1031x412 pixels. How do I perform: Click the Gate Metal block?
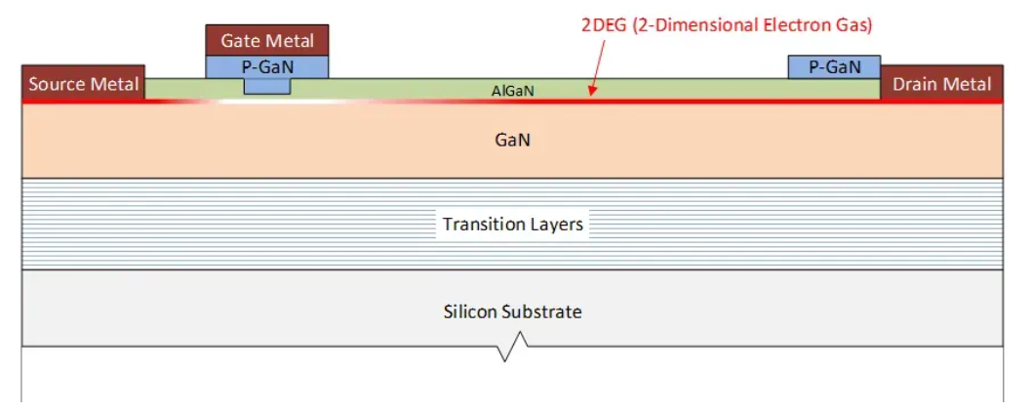[x=267, y=41]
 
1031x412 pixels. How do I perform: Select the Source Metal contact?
[x=84, y=83]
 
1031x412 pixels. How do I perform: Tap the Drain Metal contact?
[x=941, y=83]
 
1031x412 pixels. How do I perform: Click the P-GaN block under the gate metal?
[x=267, y=67]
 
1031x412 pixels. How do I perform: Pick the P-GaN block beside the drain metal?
[x=834, y=67]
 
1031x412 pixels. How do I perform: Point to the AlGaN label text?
[x=512, y=92]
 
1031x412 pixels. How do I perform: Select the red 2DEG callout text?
[x=728, y=26]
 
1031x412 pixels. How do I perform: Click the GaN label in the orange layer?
[x=512, y=141]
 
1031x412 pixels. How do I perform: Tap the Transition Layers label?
[x=512, y=224]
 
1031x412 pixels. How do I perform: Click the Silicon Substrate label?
[x=512, y=310]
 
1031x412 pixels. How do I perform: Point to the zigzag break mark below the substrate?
[x=512, y=347]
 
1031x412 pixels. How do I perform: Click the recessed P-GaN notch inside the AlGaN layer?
[x=267, y=86]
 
